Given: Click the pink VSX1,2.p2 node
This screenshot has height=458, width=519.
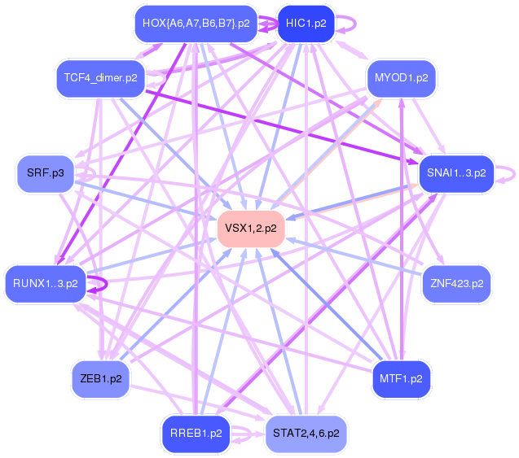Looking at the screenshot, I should click(x=251, y=229).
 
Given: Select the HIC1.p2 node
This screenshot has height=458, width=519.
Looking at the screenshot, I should click(x=306, y=23).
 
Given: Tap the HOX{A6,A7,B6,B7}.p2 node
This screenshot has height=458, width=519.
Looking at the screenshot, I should click(x=196, y=23).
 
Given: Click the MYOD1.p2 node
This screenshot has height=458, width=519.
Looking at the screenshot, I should click(x=401, y=78).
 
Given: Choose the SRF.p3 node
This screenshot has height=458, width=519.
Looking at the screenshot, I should click(x=46, y=173).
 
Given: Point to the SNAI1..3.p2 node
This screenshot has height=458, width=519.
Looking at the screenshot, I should click(x=456, y=173).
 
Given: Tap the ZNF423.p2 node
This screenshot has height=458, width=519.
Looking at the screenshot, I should click(x=457, y=284).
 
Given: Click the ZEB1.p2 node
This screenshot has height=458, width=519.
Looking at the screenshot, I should click(x=101, y=378).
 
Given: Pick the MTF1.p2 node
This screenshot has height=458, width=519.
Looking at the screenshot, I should click(x=401, y=378).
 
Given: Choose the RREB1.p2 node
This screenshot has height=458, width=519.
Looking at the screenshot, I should click(x=196, y=434).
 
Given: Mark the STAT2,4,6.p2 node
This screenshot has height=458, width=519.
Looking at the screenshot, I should click(x=306, y=434).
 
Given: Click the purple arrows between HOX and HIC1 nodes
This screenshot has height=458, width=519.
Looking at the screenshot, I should click(x=267, y=24).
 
